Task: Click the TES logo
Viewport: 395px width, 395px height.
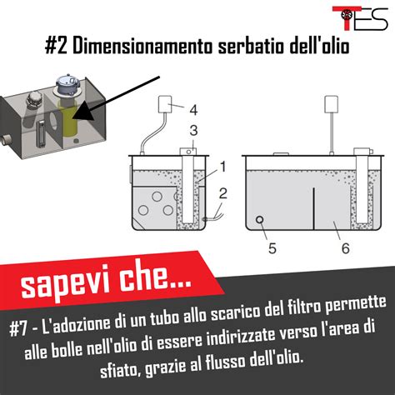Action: [x=360, y=18]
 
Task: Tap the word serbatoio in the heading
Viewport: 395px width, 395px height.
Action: [x=252, y=46]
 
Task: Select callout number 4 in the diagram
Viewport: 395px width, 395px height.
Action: [x=193, y=110]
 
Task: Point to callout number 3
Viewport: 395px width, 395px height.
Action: [x=193, y=130]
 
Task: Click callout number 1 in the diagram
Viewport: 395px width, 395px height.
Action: [x=223, y=167]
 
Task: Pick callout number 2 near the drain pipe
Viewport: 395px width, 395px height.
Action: [x=223, y=193]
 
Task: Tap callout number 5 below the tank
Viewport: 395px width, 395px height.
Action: [x=272, y=248]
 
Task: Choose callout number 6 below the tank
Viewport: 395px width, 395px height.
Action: [x=345, y=248]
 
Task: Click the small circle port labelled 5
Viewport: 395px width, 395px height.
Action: [x=260, y=219]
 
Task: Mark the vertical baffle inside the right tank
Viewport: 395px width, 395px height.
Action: [x=313, y=208]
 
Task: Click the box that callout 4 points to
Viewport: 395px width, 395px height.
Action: [x=165, y=104]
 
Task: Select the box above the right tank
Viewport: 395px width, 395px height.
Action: [x=332, y=104]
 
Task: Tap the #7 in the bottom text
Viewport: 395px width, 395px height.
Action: [x=18, y=329]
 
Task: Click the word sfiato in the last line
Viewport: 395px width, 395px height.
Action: [x=119, y=369]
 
